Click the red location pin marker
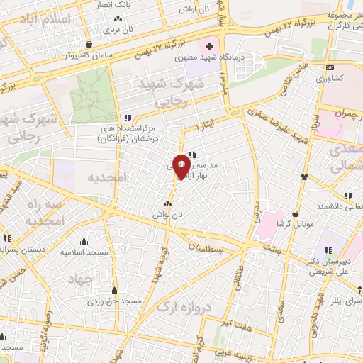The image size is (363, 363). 181,166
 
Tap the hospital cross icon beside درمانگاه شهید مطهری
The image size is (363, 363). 208,47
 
